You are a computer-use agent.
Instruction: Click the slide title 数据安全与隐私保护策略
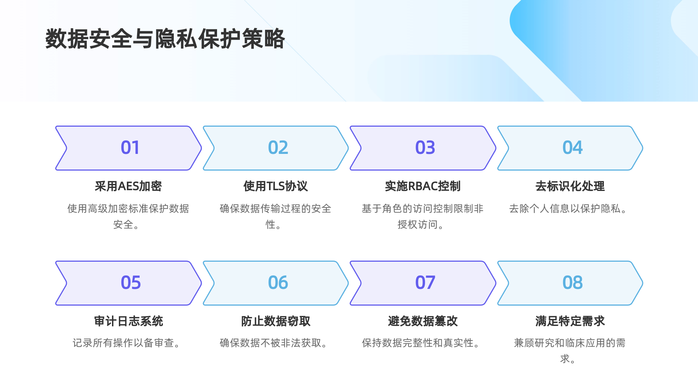tap(165, 38)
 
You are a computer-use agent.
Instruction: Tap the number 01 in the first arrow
tap(130, 148)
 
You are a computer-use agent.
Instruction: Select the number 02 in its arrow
tap(278, 148)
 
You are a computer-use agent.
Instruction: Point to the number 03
tap(425, 148)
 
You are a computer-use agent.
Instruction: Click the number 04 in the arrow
tap(572, 148)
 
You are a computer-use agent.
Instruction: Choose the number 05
tap(131, 283)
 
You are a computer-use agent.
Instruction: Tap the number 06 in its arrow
tap(278, 283)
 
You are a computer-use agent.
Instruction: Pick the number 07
tap(425, 283)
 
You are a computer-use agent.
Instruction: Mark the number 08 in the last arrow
tap(572, 283)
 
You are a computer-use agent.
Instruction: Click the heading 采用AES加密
tap(128, 186)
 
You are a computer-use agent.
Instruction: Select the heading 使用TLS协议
tap(276, 186)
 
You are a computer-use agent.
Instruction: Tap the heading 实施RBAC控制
tap(422, 186)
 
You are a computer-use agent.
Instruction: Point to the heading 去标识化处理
tap(570, 186)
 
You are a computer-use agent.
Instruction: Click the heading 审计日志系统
tap(128, 321)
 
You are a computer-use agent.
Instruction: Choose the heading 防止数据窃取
tap(276, 321)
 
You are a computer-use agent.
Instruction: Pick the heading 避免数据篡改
tap(422, 321)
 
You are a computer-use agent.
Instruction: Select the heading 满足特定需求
tap(570, 321)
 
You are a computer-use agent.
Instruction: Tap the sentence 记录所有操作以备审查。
tap(127, 343)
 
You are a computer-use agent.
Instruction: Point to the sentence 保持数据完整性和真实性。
tap(421, 343)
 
